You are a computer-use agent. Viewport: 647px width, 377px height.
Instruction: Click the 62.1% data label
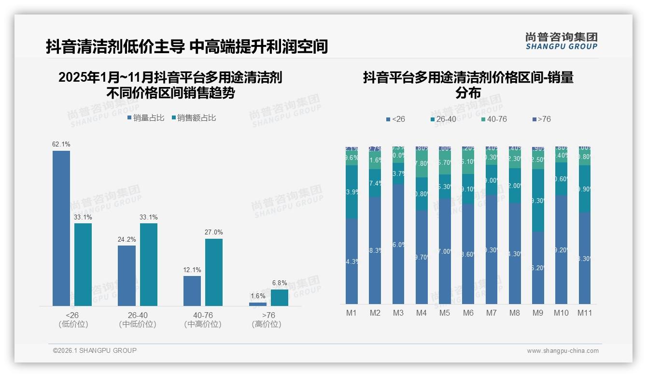tap(61, 144)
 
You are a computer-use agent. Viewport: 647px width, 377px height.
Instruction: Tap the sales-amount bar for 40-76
tap(214, 272)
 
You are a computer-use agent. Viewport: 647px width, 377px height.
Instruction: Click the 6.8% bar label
tap(279, 283)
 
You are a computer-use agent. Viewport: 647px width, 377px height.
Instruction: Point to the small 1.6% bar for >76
tap(258, 304)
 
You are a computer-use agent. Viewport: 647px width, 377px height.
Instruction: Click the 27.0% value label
tap(214, 232)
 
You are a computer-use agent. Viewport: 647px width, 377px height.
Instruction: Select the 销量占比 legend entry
tap(146, 118)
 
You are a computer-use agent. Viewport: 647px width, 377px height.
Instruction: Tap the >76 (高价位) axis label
tap(267, 319)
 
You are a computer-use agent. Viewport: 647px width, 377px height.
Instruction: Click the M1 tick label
tap(352, 313)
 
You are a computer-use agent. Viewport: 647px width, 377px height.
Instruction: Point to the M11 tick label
tap(585, 313)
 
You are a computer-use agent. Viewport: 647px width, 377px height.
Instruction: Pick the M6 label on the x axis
tap(468, 313)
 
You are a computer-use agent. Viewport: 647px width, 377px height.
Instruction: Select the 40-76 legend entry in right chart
tap(494, 119)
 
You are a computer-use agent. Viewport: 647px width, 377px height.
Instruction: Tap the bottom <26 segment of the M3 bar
tap(398, 244)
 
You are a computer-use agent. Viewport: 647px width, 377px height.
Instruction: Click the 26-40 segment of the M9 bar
tap(538, 200)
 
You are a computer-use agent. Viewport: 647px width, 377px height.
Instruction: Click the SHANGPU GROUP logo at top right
tap(561, 41)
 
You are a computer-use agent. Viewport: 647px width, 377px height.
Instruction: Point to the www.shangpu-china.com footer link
tap(563, 351)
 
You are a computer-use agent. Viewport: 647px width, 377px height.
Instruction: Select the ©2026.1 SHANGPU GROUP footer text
tap(95, 350)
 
